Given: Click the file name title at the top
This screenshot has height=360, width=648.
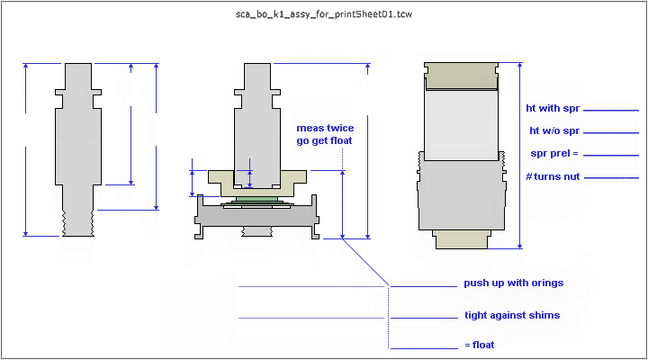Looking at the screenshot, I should (323, 14).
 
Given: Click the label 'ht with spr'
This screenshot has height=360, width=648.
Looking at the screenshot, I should (553, 109).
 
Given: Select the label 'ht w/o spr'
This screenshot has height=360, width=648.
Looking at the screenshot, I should (553, 131).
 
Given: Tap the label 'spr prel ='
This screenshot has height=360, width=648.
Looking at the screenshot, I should (552, 154).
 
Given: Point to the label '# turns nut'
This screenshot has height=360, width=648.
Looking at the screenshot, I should (553, 175).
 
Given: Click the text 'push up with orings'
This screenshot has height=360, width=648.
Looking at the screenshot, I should (513, 283).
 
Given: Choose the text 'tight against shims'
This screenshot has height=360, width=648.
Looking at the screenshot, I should (512, 315).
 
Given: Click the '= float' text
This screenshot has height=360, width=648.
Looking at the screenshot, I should (479, 345).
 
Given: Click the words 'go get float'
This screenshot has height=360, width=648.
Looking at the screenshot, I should (324, 140).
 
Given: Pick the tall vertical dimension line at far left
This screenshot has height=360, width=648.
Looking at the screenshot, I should (26, 149).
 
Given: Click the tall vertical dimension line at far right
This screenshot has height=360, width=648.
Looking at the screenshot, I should (520, 155).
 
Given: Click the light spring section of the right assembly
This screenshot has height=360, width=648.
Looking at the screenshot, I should (461, 121).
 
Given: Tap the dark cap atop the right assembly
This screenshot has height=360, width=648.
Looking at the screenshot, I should (461, 76).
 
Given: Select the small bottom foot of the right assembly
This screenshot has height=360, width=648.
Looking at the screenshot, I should (461, 238).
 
